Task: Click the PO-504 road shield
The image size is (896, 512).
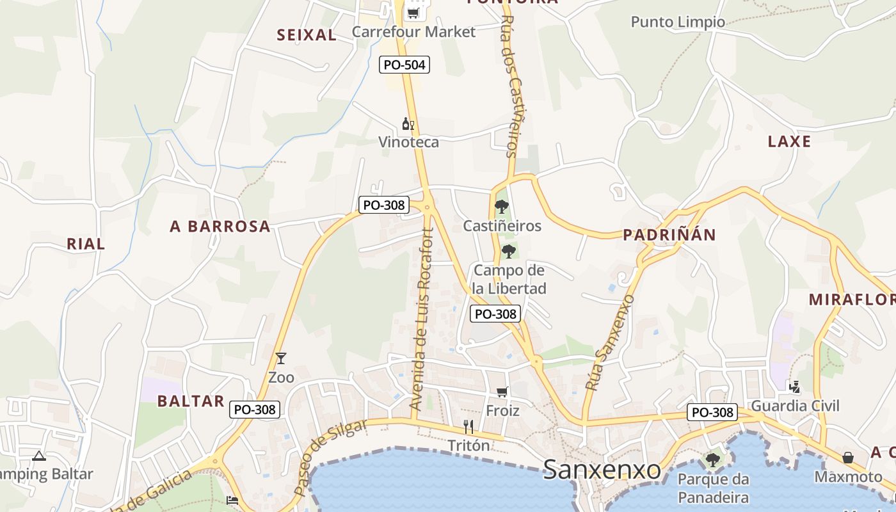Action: pyautogui.click(x=404, y=65)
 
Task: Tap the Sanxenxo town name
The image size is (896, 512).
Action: pyautogui.click(x=602, y=470)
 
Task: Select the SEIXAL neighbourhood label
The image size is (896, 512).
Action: pyautogui.click(x=307, y=35)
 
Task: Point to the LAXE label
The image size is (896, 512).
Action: pyautogui.click(x=789, y=141)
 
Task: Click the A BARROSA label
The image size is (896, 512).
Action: pyautogui.click(x=220, y=226)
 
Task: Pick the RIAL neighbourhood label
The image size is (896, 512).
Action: pyautogui.click(x=86, y=244)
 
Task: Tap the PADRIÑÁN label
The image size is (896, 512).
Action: pyautogui.click(x=669, y=235)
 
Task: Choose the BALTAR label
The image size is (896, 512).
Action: pyautogui.click(x=191, y=401)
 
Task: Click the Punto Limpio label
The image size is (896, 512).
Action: pyautogui.click(x=678, y=22)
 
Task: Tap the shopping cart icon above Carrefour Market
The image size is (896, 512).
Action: pyautogui.click(x=413, y=13)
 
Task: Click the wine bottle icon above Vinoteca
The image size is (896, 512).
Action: pyautogui.click(x=408, y=124)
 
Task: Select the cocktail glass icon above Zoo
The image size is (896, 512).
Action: pyautogui.click(x=280, y=358)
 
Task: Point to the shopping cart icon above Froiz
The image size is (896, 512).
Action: pyautogui.click(x=502, y=392)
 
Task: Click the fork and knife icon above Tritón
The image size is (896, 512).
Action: pyautogui.click(x=468, y=427)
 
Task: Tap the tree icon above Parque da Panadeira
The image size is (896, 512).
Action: pyautogui.click(x=712, y=460)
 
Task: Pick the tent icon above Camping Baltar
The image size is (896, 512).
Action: pyautogui.click(x=39, y=456)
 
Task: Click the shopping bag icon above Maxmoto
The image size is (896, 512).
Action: pyautogui.click(x=848, y=458)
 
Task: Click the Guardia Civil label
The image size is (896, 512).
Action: pyautogui.click(x=795, y=406)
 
